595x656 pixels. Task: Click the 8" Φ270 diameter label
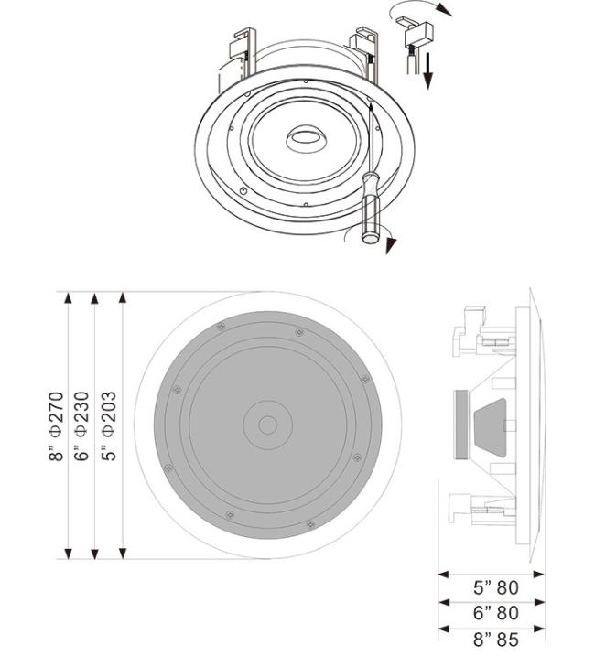pyautogui.click(x=56, y=426)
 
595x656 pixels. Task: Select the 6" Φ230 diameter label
pyautogui.click(x=81, y=426)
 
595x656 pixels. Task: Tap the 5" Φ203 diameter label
pyautogui.click(x=108, y=426)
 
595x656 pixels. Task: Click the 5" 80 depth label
pyautogui.click(x=496, y=587)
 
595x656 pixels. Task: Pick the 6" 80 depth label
pyautogui.click(x=496, y=613)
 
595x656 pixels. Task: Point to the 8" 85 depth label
pyautogui.click(x=496, y=640)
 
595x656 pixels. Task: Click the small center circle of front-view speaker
pyautogui.click(x=267, y=425)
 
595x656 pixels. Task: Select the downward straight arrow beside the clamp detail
pyautogui.click(x=427, y=70)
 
